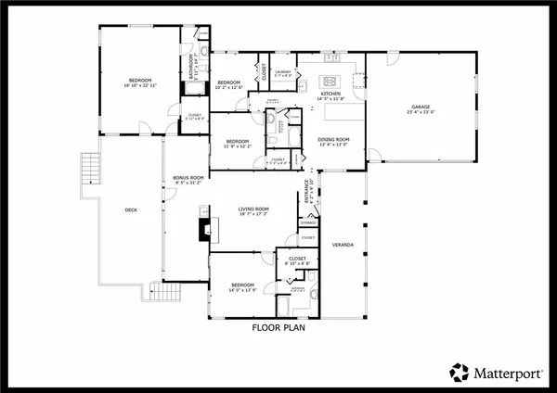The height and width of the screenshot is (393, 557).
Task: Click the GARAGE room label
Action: [x=421, y=108]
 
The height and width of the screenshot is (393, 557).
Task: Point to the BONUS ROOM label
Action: [x=188, y=177]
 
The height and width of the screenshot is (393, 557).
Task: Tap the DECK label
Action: [x=131, y=210]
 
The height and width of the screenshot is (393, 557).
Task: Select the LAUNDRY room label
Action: [x=283, y=70]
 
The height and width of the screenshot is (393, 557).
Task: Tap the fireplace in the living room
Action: [x=202, y=227]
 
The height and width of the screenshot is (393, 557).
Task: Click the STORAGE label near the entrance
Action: [x=308, y=222]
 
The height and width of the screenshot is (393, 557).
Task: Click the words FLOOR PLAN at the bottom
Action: [x=279, y=327]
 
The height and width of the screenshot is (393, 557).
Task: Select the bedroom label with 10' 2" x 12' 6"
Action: [x=229, y=83]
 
